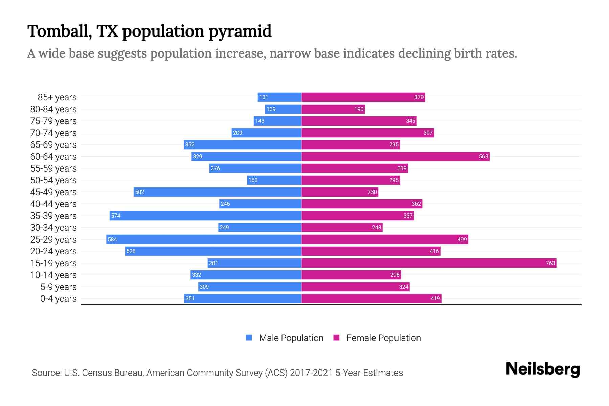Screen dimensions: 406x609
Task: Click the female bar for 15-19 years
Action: (429, 263)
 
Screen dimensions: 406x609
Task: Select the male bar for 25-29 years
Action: (204, 239)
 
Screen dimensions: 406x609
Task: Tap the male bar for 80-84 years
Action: (283, 109)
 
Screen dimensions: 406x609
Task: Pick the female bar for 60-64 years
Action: (395, 156)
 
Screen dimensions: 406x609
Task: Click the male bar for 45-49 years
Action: (218, 192)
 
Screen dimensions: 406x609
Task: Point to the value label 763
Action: (550, 263)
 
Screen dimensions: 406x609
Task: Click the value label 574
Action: (116, 216)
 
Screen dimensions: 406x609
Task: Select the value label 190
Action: (359, 109)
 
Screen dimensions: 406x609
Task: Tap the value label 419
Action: (435, 298)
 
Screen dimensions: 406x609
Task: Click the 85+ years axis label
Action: (57, 97)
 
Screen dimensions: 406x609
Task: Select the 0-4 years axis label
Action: (58, 299)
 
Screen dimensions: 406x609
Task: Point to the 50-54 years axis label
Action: (53, 180)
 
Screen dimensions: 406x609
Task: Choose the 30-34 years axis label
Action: (53, 228)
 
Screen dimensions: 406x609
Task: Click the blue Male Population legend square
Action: (249, 338)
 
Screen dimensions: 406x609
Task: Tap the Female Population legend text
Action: (383, 338)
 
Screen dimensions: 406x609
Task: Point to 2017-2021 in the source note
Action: (311, 373)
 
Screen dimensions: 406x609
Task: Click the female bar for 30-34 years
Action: (342, 227)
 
